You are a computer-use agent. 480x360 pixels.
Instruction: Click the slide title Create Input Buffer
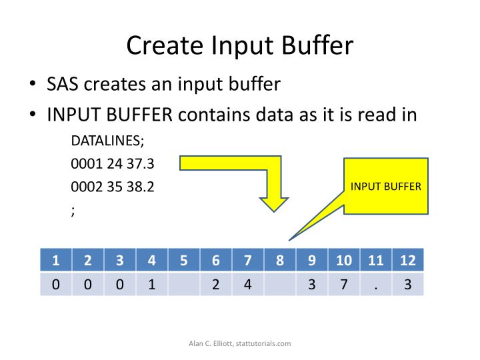pyautogui.click(x=240, y=46)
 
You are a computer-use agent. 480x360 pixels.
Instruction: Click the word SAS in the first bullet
pyautogui.click(x=65, y=85)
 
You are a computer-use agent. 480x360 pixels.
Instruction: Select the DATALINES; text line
pyautogui.click(x=107, y=141)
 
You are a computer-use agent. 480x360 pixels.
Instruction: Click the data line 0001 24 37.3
pyautogui.click(x=113, y=164)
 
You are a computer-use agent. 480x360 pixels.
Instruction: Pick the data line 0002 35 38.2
pyautogui.click(x=113, y=187)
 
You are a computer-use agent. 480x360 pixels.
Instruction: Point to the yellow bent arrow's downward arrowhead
pyautogui.click(x=274, y=204)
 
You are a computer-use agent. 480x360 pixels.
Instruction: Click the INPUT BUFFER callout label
pyautogui.click(x=386, y=186)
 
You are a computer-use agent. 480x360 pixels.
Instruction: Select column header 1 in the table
pyautogui.click(x=56, y=261)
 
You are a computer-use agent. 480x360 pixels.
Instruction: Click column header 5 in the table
pyautogui.click(x=184, y=261)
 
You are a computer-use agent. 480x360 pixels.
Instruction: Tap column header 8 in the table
pyautogui.click(x=280, y=261)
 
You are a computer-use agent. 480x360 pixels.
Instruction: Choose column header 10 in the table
pyautogui.click(x=344, y=261)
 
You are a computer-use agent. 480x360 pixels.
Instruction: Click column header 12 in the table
pyautogui.click(x=408, y=261)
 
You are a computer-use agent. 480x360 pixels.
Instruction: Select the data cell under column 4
pyautogui.click(x=152, y=285)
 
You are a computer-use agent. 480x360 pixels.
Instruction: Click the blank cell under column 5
pyautogui.click(x=184, y=285)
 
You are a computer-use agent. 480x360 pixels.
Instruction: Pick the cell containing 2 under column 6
pyautogui.click(x=216, y=285)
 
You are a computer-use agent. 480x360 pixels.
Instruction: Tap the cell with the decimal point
pyautogui.click(x=376, y=285)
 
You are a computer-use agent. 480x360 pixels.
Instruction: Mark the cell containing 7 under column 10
pyautogui.click(x=344, y=285)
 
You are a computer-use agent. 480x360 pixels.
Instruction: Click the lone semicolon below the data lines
pyautogui.click(x=73, y=211)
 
